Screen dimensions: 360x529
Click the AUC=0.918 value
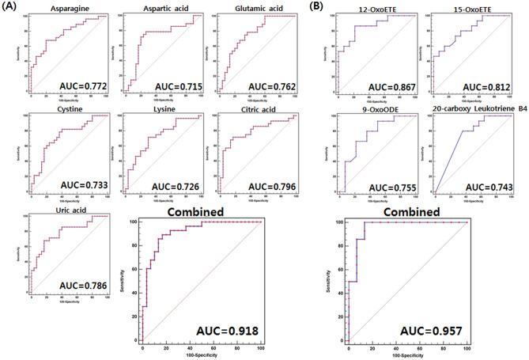(227, 329)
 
